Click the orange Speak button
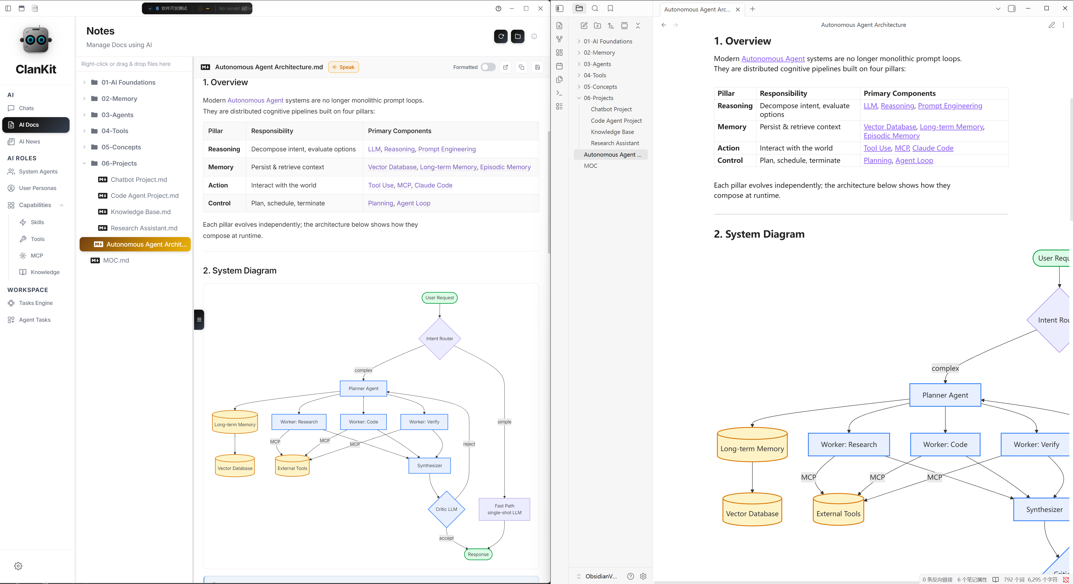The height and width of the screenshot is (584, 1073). pyautogui.click(x=343, y=67)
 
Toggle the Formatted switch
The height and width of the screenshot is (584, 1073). pyautogui.click(x=488, y=67)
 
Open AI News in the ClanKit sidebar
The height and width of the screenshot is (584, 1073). pyautogui.click(x=29, y=142)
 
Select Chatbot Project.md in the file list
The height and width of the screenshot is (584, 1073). pyautogui.click(x=139, y=179)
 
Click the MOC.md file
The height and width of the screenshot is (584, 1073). pyautogui.click(x=116, y=260)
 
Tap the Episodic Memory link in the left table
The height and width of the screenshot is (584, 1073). pyautogui.click(x=505, y=167)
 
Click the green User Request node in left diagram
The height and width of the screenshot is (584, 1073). pyautogui.click(x=439, y=298)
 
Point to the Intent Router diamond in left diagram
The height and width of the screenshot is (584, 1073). pyautogui.click(x=439, y=339)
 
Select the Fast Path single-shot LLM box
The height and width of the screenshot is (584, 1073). pyautogui.click(x=505, y=509)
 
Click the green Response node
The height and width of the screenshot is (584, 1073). pyautogui.click(x=478, y=554)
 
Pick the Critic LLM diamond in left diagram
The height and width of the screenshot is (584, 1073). pyautogui.click(x=446, y=509)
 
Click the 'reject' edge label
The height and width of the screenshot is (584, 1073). pyautogui.click(x=469, y=444)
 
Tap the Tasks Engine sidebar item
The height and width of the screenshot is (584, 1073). pyautogui.click(x=36, y=303)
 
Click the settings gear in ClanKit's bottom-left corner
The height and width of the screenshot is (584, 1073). pyautogui.click(x=18, y=566)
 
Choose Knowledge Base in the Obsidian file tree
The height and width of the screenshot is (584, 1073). pyautogui.click(x=612, y=132)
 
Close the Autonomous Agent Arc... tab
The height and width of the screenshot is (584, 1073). pyautogui.click(x=738, y=9)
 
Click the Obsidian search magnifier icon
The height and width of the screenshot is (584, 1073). pyautogui.click(x=595, y=8)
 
